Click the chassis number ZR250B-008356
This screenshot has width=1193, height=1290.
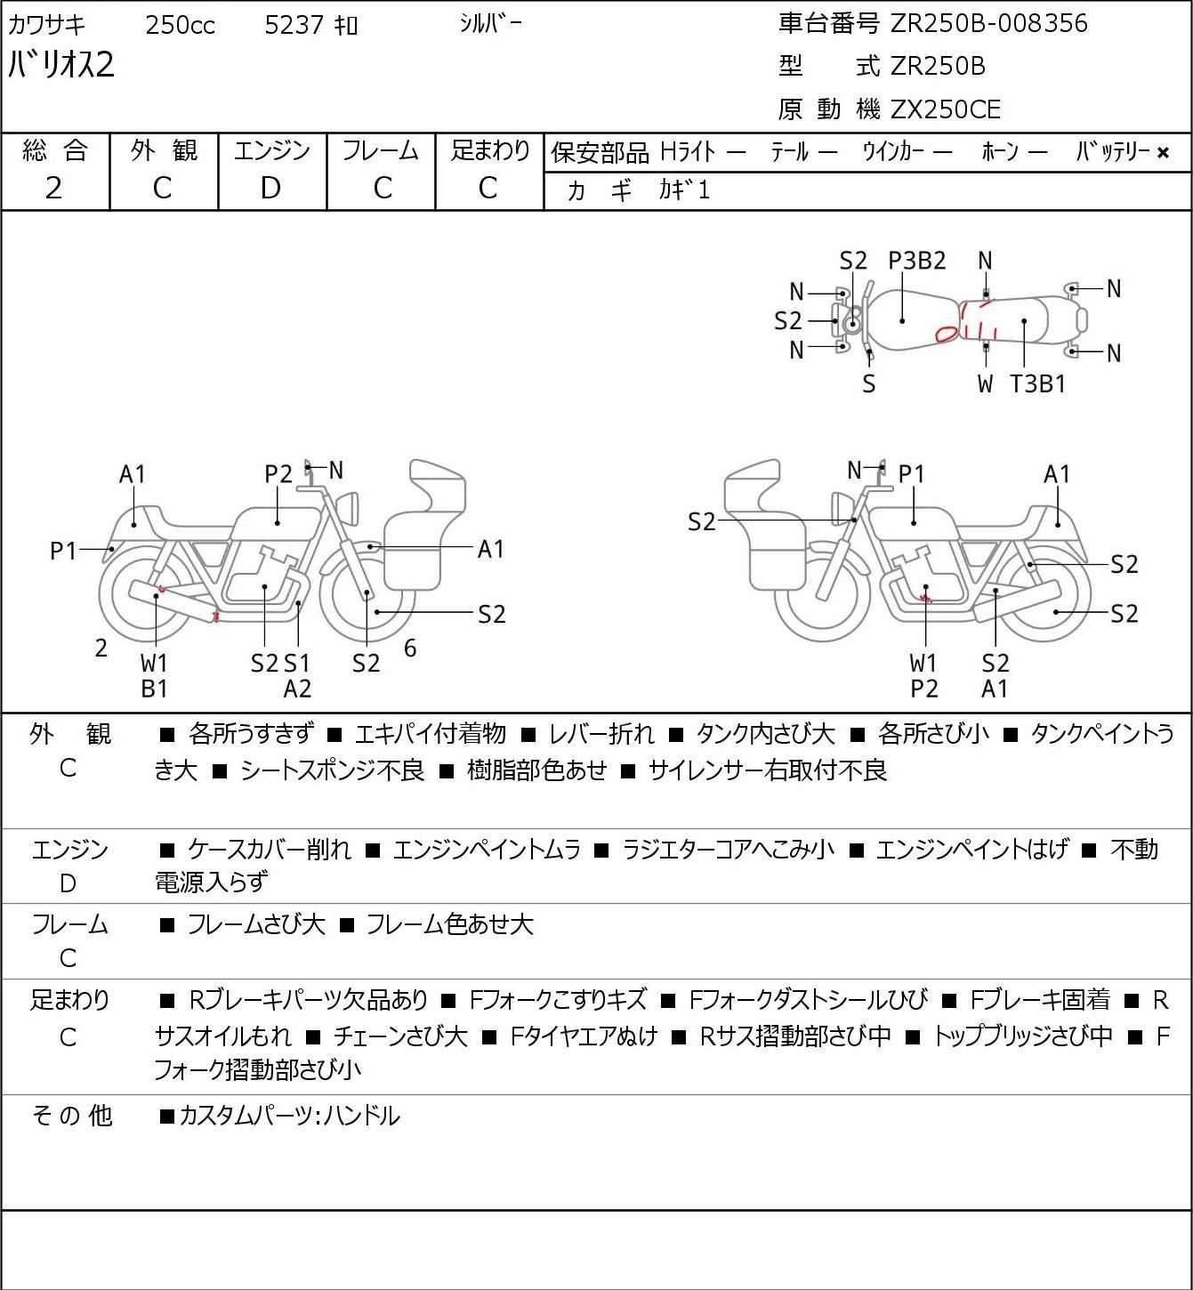[x=988, y=23]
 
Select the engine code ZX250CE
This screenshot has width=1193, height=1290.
[x=946, y=109]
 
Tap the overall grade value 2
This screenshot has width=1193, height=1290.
[x=54, y=188]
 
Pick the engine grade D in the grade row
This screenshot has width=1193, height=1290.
[x=270, y=188]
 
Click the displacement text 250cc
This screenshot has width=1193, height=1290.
[x=180, y=25]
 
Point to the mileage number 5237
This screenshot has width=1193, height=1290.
[x=294, y=25]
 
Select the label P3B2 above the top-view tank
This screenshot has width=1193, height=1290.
[x=917, y=261]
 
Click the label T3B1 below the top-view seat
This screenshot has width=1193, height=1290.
[x=1037, y=383]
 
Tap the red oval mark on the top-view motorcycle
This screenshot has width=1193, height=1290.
[x=947, y=334]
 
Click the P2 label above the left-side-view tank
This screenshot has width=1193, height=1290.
[x=278, y=474]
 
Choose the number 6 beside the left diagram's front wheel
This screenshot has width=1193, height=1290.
[x=410, y=649]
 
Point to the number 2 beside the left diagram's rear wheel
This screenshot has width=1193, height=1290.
[x=101, y=649]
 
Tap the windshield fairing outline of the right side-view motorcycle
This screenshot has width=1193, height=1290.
[x=753, y=485]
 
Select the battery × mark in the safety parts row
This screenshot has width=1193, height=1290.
[x=1163, y=153]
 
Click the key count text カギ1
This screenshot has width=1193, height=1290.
[x=684, y=190]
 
